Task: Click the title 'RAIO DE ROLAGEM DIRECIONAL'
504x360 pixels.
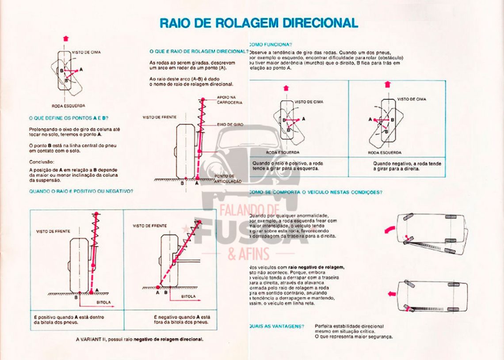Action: [259, 23]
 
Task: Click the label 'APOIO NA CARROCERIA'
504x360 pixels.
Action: [229, 99]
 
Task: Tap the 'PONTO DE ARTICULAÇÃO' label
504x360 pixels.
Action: [228, 178]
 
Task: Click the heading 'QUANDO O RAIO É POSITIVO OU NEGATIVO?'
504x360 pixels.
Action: [81, 191]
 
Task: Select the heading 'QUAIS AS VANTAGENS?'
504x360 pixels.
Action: [276, 326]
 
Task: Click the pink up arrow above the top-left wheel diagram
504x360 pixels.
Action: [66, 38]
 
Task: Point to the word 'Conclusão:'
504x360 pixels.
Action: [41, 162]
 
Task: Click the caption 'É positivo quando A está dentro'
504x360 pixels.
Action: [69, 317]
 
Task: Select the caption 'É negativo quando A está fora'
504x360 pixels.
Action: [182, 317]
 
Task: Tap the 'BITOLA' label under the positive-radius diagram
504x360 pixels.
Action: [103, 303]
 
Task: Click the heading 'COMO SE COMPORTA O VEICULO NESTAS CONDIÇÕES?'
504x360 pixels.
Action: [316, 192]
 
